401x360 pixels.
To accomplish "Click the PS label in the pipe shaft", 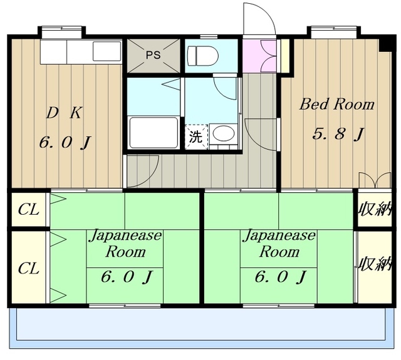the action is pos(153,54).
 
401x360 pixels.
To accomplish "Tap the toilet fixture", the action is pos(202,56).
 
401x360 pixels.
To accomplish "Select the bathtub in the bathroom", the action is pos(154,132).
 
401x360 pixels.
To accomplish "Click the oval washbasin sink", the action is pos(224,133).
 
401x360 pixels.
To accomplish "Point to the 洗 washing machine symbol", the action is pos(196,136).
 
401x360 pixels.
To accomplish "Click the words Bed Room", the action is pos(337,104).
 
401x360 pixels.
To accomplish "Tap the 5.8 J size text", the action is pos(338,133).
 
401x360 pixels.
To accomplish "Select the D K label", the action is pos(64,113).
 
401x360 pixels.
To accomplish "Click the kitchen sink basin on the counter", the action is pos(107,51).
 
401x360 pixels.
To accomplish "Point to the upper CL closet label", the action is pos(29,210).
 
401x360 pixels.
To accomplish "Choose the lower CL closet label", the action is pos(29,268).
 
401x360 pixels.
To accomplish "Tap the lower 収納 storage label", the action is pos(375,264).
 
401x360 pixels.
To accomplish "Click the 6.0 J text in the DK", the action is pos(65,142).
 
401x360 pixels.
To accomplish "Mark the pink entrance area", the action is pos(259,56).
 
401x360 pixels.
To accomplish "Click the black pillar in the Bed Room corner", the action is pos(385,44).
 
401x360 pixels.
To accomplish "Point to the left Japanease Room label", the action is pos(125,244).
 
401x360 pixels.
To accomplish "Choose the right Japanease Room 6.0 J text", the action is pos(281,277).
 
